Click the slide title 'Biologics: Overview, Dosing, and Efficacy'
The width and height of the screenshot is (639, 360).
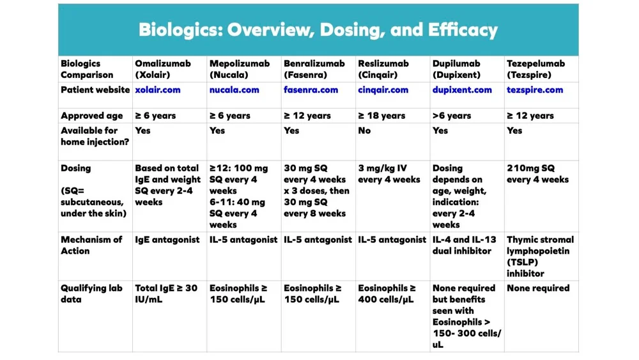(x=318, y=30)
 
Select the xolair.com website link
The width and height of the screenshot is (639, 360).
(x=157, y=90)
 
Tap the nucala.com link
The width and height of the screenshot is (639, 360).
(x=234, y=90)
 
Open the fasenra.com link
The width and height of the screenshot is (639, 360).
(x=311, y=90)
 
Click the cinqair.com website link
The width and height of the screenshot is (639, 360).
(x=383, y=90)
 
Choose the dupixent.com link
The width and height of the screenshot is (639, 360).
(x=462, y=90)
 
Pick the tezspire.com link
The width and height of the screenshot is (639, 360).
(x=535, y=90)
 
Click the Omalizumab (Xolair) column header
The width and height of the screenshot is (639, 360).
(x=162, y=69)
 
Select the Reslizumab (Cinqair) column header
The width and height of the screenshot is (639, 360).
(x=383, y=69)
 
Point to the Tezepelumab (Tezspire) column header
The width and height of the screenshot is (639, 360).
(x=535, y=69)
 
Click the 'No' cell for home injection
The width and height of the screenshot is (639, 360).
(x=364, y=130)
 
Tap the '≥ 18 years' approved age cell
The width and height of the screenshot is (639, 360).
(x=381, y=116)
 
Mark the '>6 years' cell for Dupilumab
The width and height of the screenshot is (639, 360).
(x=451, y=116)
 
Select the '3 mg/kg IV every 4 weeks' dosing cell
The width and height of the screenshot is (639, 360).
(x=389, y=174)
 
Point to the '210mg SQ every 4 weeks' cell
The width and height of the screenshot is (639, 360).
(x=537, y=174)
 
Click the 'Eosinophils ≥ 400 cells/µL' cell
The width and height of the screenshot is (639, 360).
(x=387, y=293)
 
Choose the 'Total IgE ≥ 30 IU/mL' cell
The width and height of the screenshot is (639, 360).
(x=166, y=293)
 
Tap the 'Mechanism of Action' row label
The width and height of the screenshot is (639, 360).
(x=91, y=246)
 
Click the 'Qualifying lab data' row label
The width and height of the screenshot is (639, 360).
(x=91, y=293)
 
